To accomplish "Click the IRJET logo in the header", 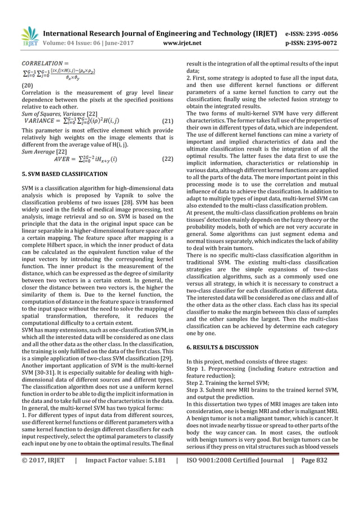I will click(28, 36).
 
